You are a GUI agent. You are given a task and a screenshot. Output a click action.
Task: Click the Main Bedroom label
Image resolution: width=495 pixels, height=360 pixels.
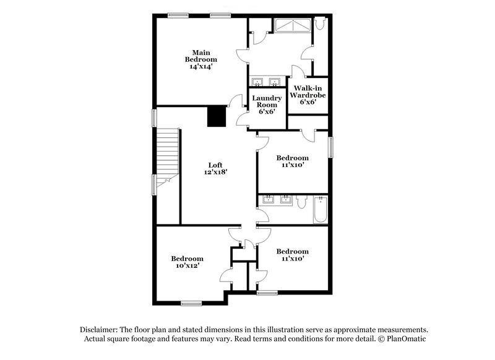click(199, 56)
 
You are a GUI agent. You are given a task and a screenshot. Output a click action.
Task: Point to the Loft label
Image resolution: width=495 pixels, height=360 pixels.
click(215, 165)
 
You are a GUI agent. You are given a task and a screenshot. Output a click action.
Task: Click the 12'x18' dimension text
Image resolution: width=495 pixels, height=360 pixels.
click(215, 173)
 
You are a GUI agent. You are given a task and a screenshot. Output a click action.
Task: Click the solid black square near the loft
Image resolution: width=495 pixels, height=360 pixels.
click(216, 116)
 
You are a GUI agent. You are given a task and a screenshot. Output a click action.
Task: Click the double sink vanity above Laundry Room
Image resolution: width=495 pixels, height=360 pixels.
click(267, 82)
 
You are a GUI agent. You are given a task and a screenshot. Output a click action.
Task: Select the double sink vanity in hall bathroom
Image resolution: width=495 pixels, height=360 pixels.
click(277, 200)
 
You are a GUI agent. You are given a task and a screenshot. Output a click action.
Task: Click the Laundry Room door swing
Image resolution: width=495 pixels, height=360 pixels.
click(236, 103)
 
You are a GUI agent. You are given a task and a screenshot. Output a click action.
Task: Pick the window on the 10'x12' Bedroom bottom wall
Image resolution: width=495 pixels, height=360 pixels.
click(191, 303)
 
